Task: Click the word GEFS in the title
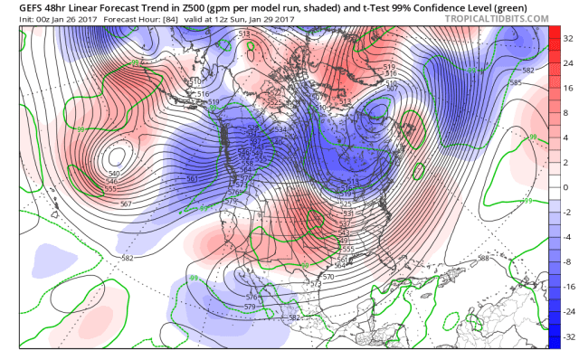pyautogui.click(x=17, y=6)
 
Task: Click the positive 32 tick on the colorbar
pyautogui.click(x=567, y=40)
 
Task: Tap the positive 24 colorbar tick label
pyautogui.click(x=567, y=64)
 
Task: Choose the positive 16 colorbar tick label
pyautogui.click(x=567, y=89)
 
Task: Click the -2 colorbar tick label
pyautogui.click(x=567, y=211)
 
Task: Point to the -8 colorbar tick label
pyautogui.click(x=567, y=261)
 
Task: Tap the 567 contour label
pyautogui.click(x=127, y=204)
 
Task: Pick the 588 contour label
pyautogui.click(x=484, y=258)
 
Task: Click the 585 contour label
pyautogui.click(x=515, y=83)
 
